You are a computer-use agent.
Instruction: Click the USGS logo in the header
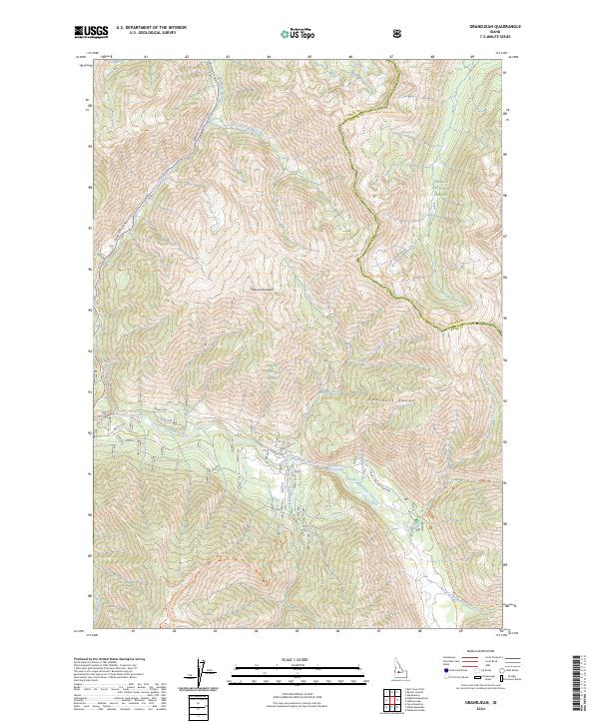coord(92,32)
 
